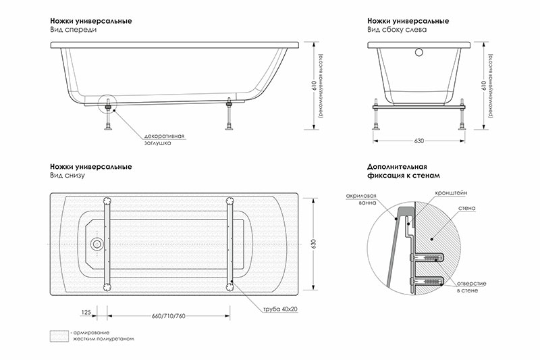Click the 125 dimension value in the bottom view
86,313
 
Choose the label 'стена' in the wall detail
466,209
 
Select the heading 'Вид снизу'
65,176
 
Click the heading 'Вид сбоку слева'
397,31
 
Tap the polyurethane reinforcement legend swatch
58,335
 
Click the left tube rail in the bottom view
107,243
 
